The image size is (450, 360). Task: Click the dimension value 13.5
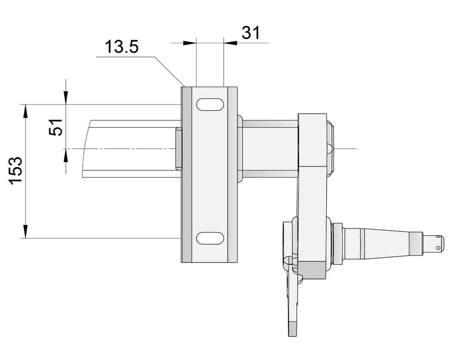122,47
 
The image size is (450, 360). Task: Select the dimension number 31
250,33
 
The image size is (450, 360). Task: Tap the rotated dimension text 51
56,128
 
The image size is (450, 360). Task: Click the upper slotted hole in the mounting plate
209,105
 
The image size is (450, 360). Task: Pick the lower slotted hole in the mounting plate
209,238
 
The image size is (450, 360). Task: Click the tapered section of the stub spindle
388,242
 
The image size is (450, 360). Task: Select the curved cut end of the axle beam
85,148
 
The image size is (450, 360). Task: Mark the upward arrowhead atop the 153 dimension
25,109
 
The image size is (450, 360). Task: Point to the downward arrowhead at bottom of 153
25,232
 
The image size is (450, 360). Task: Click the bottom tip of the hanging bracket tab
292,329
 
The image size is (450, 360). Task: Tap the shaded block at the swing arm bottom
316,271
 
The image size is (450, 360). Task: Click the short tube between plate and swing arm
269,148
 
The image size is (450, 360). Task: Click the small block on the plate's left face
178,148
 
